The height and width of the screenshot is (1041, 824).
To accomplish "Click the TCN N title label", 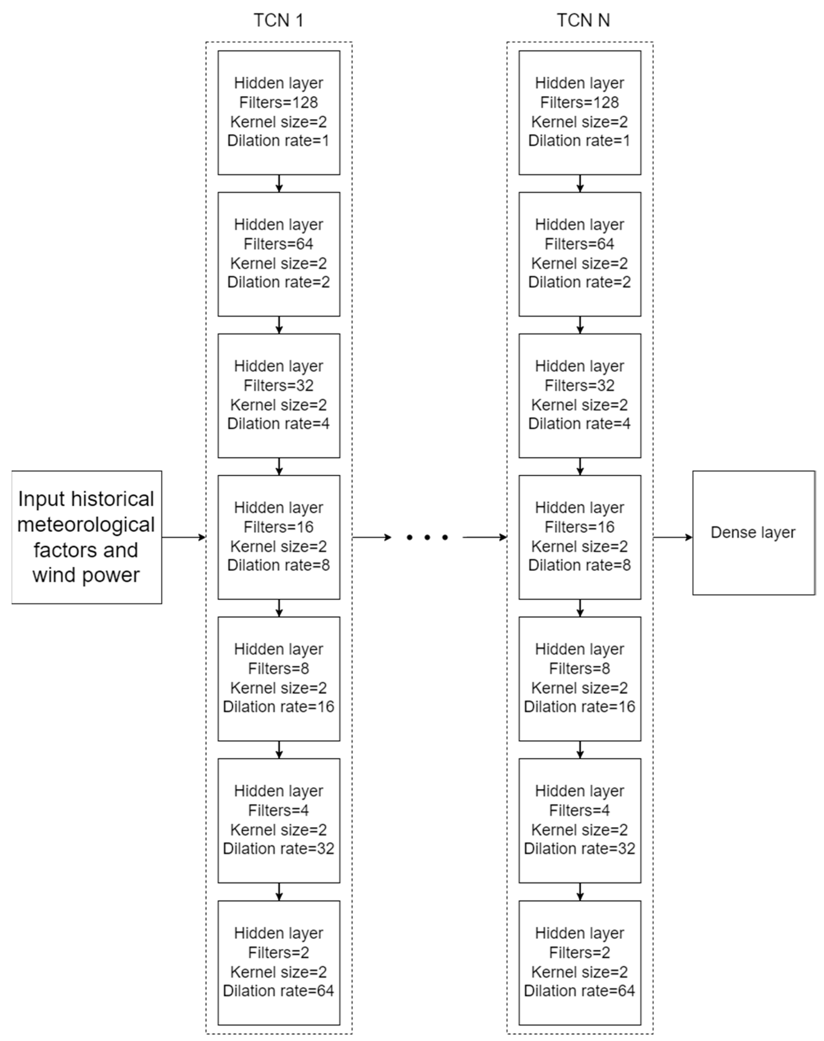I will (x=583, y=20).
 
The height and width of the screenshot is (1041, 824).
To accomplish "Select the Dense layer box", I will (x=753, y=532).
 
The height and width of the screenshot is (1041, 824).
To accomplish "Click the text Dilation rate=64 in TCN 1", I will (x=278, y=991).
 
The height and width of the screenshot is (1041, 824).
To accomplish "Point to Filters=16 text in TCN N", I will (x=579, y=527).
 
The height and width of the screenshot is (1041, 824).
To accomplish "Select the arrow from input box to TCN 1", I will (x=183, y=537).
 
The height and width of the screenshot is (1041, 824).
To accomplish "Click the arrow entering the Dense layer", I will (x=673, y=537).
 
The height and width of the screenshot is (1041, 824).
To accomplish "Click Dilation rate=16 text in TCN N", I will (x=579, y=706).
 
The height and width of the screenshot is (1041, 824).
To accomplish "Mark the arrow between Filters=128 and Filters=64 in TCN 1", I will (x=279, y=183).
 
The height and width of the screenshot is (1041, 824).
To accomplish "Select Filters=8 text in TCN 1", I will (x=278, y=668).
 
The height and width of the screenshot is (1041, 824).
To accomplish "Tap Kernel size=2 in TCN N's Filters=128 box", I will (x=579, y=122).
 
